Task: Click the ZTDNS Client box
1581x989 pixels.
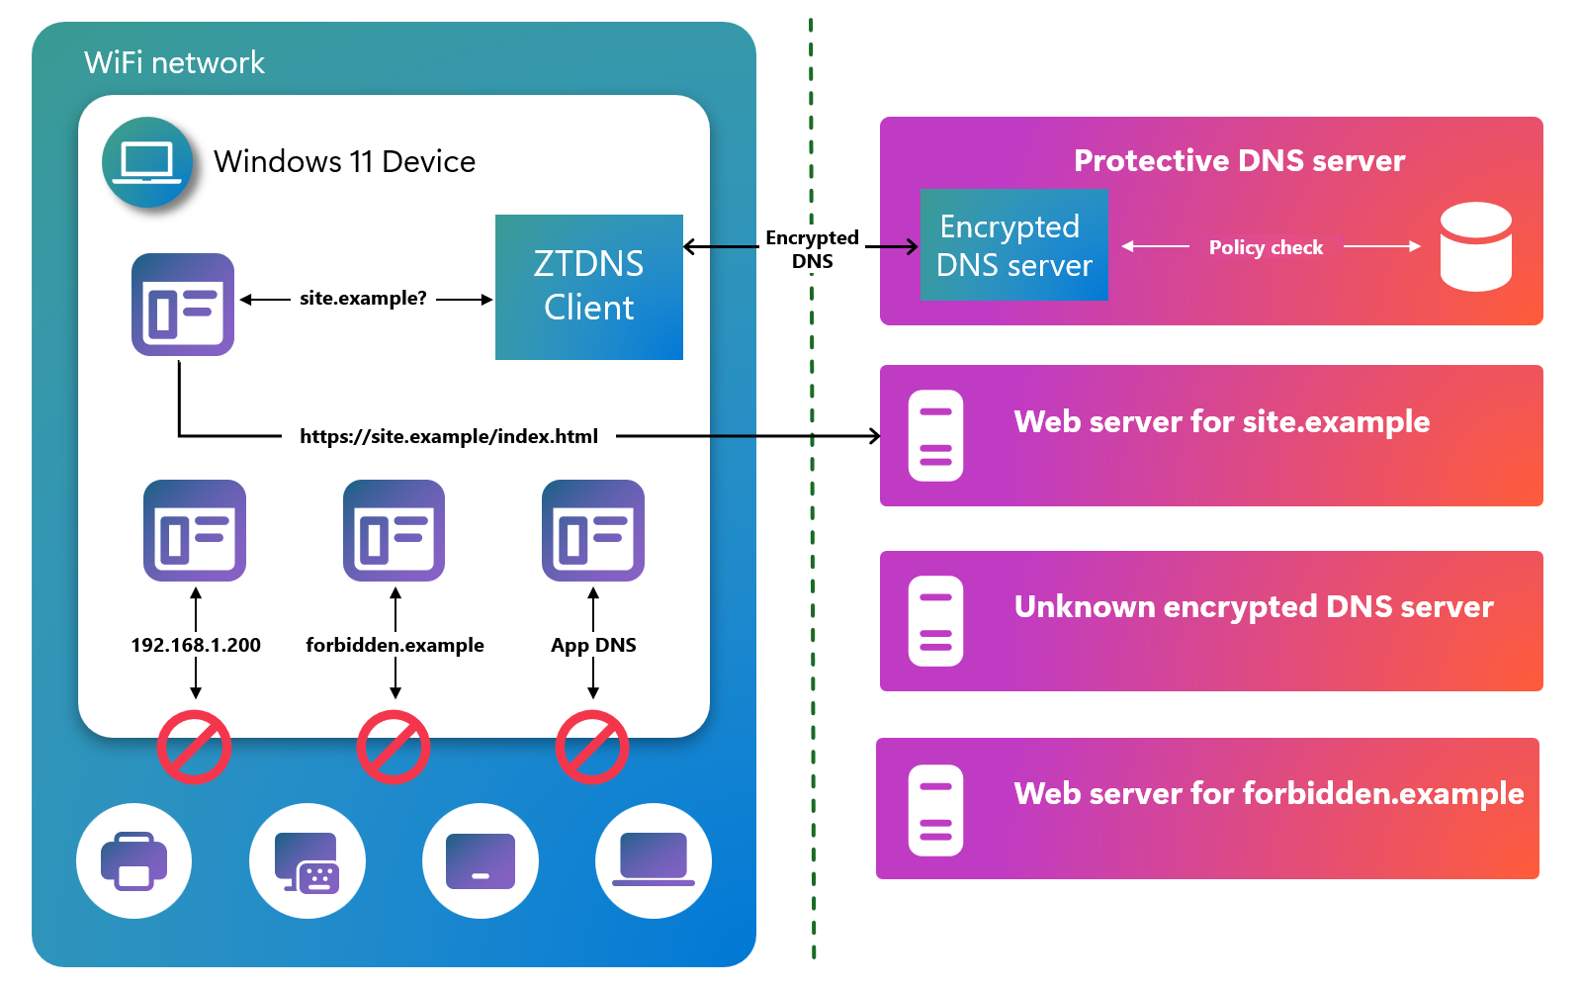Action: tap(588, 287)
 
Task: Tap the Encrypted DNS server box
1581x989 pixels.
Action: tap(1013, 245)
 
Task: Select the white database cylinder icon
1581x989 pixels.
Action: tap(1475, 246)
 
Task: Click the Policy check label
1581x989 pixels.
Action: tap(1266, 247)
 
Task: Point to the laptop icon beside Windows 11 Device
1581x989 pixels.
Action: tap(146, 162)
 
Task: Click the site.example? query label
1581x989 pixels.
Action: tap(363, 298)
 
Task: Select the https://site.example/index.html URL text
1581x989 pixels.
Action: tap(449, 436)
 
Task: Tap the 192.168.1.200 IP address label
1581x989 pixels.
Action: tap(196, 645)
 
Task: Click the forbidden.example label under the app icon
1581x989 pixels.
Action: tap(395, 645)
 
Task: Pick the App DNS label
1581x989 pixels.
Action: tap(593, 645)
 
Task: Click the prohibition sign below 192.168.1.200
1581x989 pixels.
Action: tap(195, 747)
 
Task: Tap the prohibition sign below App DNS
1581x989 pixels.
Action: tap(592, 747)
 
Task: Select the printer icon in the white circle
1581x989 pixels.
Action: tap(133, 860)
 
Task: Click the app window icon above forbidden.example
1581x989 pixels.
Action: tap(394, 531)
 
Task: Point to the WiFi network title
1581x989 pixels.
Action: tap(174, 62)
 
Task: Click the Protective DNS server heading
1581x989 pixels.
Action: tap(1239, 160)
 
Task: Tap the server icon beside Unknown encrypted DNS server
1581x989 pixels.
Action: tap(935, 621)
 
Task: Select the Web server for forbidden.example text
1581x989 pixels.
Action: tap(1269, 793)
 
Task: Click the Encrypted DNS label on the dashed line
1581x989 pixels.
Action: tap(812, 249)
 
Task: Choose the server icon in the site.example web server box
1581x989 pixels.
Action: tap(935, 435)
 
